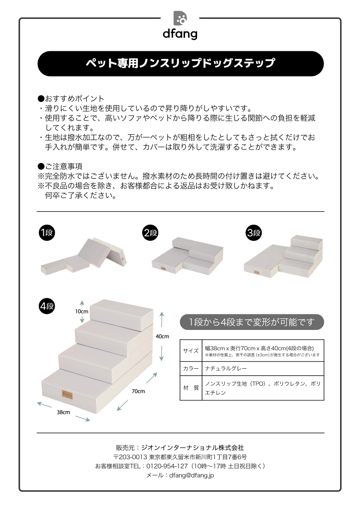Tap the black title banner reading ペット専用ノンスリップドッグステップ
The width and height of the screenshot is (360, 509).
(x=180, y=63)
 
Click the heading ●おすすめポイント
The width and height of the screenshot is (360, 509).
(x=71, y=99)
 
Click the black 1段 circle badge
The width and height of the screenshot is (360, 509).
(x=47, y=233)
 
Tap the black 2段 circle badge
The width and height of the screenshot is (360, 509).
(x=150, y=233)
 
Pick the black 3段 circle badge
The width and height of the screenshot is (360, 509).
(x=254, y=233)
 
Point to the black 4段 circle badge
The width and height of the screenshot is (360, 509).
(x=47, y=306)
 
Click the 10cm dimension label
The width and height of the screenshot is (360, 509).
(x=82, y=311)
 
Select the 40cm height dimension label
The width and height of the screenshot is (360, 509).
(x=162, y=336)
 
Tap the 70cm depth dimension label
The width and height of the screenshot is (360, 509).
(x=138, y=391)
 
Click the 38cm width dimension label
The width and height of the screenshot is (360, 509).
(x=63, y=412)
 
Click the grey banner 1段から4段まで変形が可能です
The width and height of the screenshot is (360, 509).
(x=252, y=322)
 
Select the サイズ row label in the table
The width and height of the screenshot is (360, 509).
(x=191, y=351)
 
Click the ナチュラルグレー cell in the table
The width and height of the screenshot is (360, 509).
(x=226, y=368)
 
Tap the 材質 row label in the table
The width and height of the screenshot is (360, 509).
(x=191, y=388)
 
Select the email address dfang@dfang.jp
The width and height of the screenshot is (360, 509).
(x=192, y=475)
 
